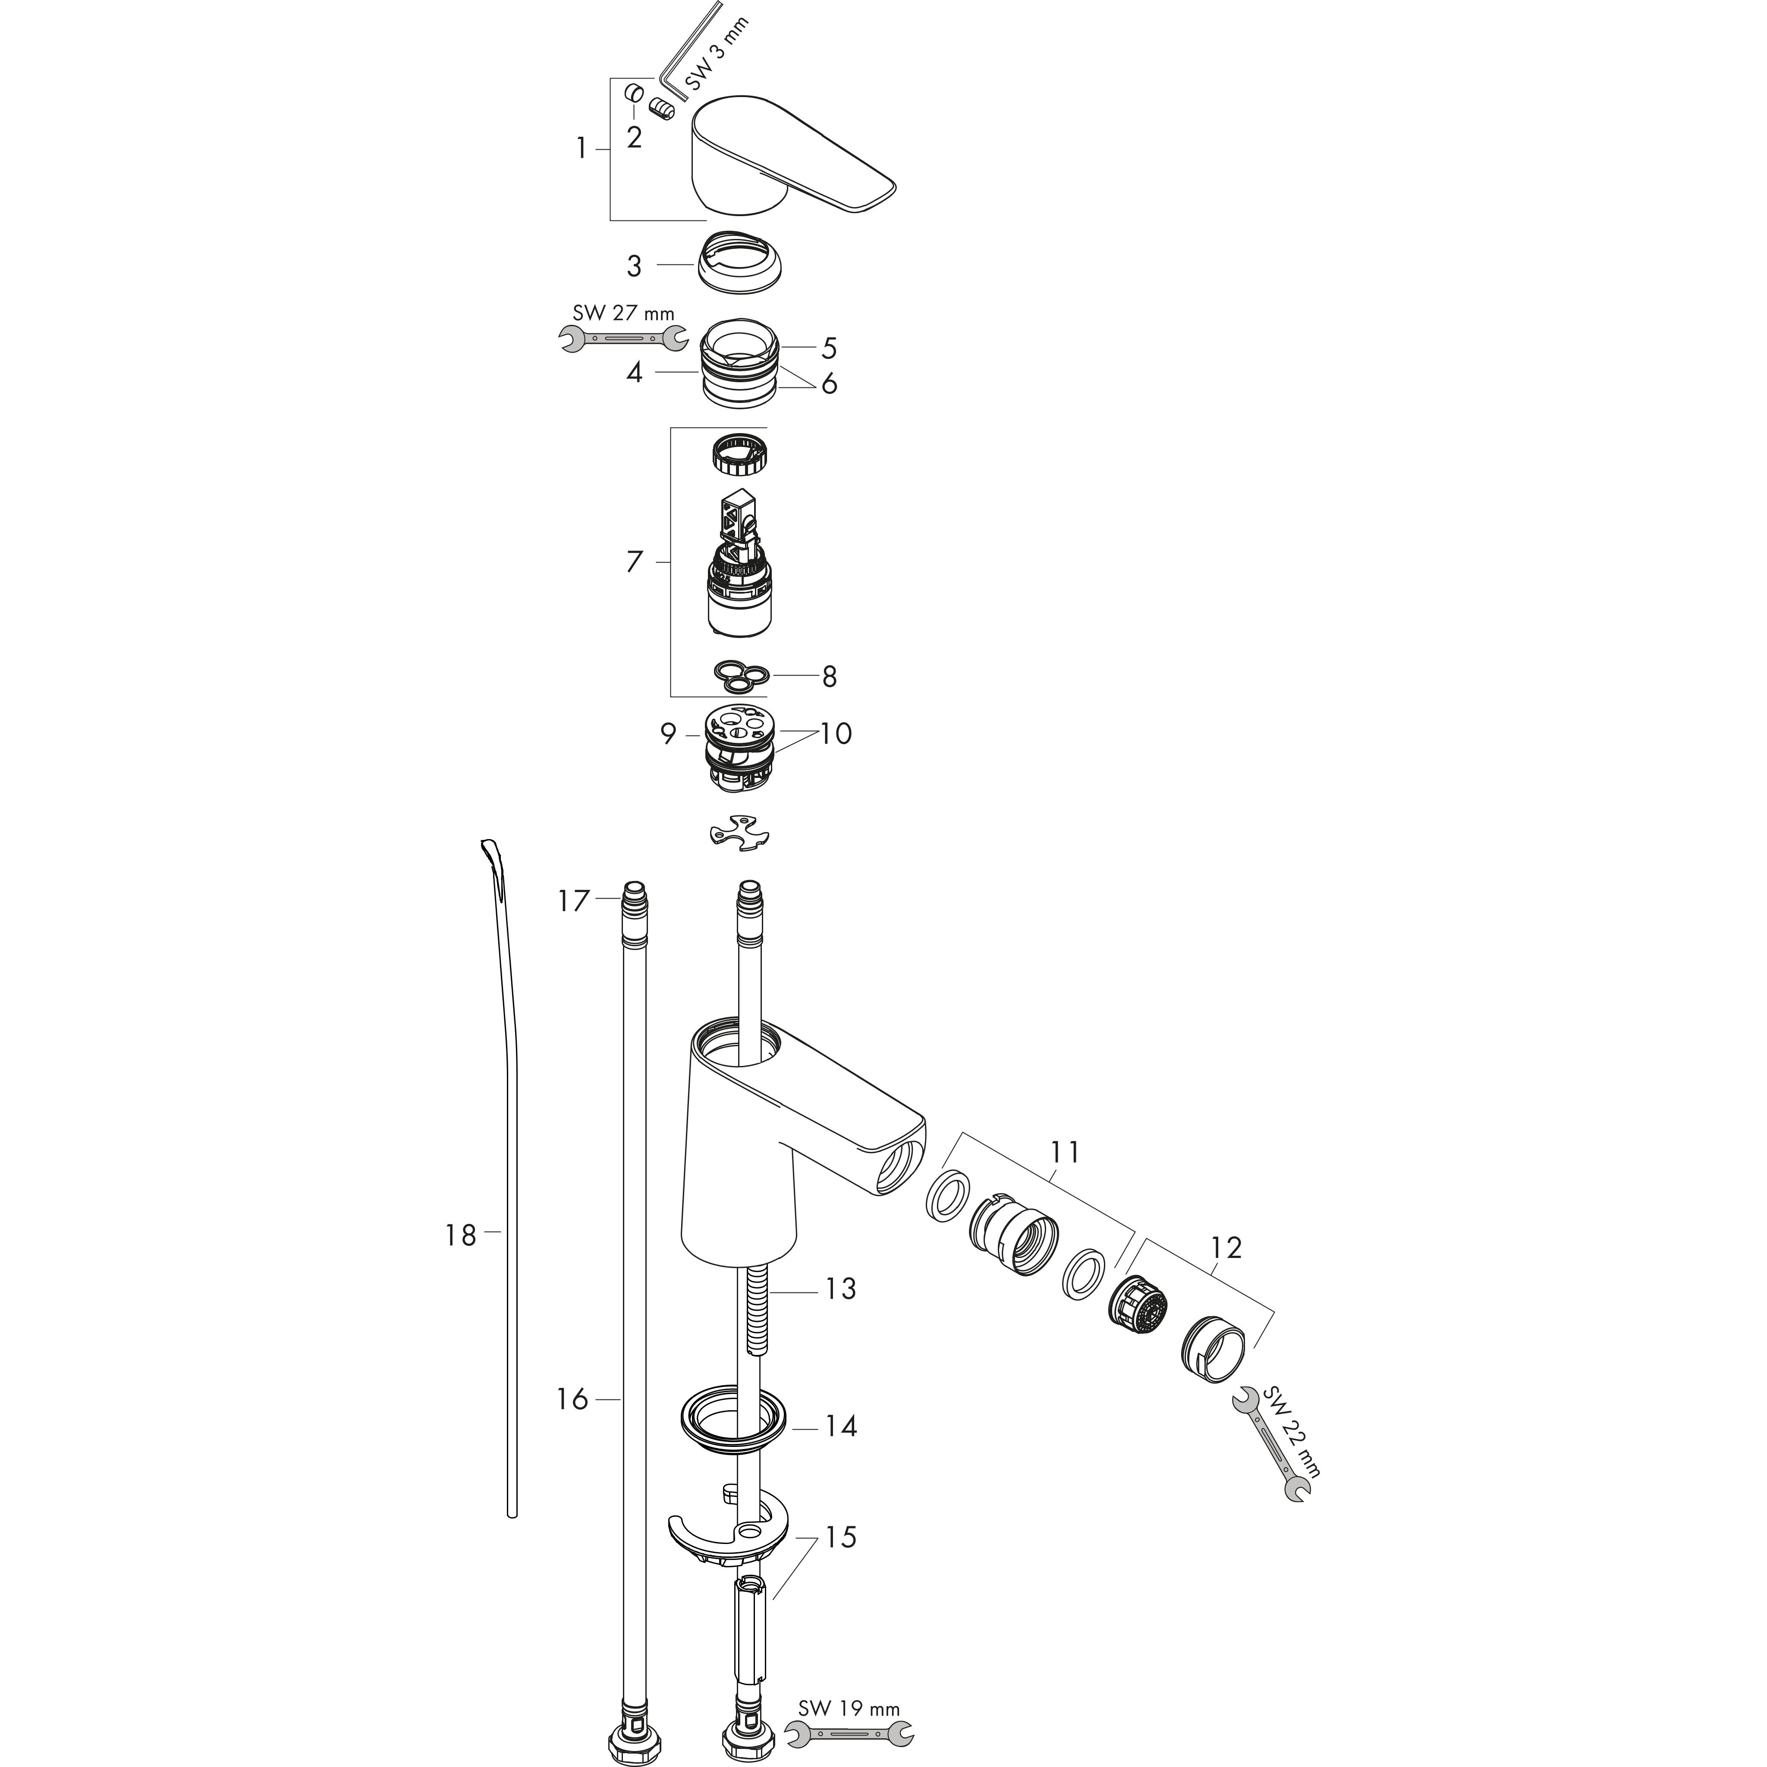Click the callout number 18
click(461, 1236)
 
